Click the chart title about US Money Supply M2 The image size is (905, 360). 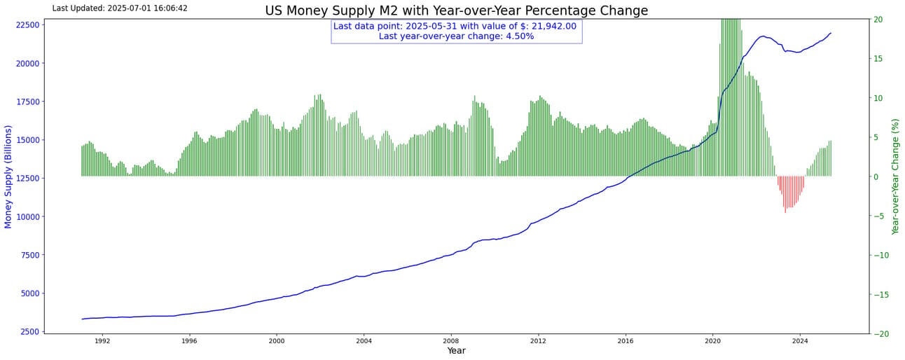(x=456, y=11)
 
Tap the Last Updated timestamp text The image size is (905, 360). (x=120, y=8)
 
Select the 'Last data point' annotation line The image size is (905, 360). (x=455, y=26)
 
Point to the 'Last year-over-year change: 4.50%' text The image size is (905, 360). (x=456, y=36)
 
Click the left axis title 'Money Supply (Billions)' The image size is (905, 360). (x=8, y=176)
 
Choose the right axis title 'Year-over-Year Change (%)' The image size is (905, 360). (x=894, y=176)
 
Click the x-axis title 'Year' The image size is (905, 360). (x=456, y=350)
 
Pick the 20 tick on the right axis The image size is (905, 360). (x=877, y=20)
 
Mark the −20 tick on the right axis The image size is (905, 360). (x=880, y=334)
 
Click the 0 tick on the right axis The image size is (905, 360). (x=875, y=176)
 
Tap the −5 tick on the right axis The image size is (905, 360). (x=878, y=216)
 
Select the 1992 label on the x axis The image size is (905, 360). (x=102, y=341)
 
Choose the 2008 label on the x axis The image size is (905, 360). (x=450, y=341)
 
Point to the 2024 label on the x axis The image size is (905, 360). (x=800, y=341)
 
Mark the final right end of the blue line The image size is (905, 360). (x=831, y=33)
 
